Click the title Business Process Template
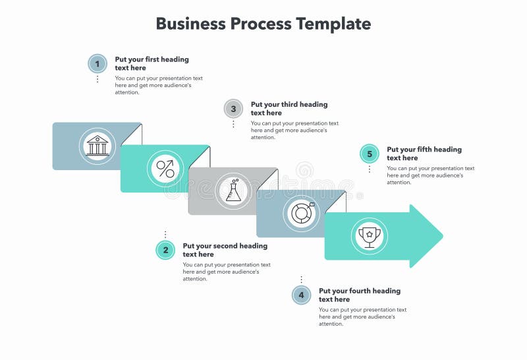pyautogui.click(x=263, y=24)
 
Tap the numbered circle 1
pyautogui.click(x=97, y=64)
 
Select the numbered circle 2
pyautogui.click(x=165, y=250)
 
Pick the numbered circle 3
pyautogui.click(x=233, y=109)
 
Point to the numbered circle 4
pyautogui.click(x=301, y=295)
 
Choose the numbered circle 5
pyautogui.click(x=370, y=154)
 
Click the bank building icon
pyautogui.click(x=97, y=146)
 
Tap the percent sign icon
pyautogui.click(x=165, y=169)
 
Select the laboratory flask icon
pyautogui.click(x=234, y=191)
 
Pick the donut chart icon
pyautogui.click(x=302, y=213)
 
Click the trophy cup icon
pyautogui.click(x=370, y=235)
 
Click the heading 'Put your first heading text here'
pyautogui.click(x=152, y=63)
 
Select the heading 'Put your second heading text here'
pyautogui.click(x=225, y=250)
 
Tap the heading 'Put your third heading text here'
pyautogui.click(x=289, y=108)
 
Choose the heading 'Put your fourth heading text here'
pyautogui.click(x=359, y=295)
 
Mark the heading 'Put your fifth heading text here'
pyautogui.click(x=424, y=154)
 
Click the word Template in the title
pyautogui.click(x=333, y=24)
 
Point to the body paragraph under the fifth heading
pyautogui.click(x=430, y=175)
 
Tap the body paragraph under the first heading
pyautogui.click(x=158, y=85)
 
